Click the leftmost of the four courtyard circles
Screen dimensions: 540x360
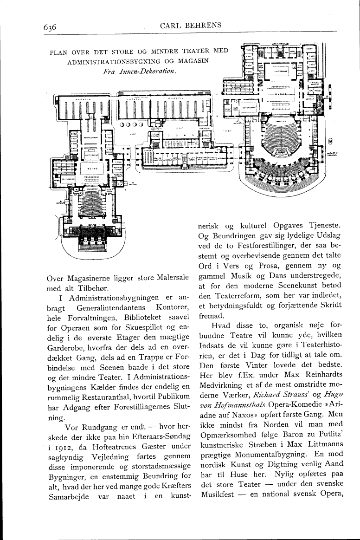122,124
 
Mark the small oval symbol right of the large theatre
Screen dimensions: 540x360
330,141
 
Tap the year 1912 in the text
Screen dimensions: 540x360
64,435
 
